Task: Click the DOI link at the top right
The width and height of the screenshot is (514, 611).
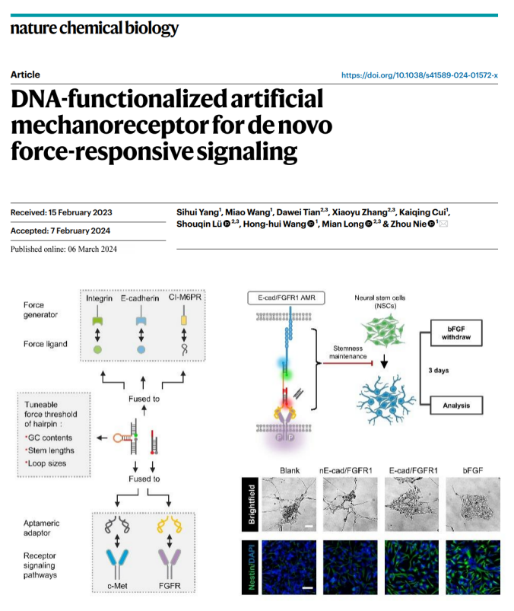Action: (420, 75)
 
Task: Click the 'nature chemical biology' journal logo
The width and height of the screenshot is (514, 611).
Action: (94, 28)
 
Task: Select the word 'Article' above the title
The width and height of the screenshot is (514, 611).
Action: (25, 75)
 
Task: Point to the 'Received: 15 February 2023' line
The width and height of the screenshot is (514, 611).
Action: (61, 212)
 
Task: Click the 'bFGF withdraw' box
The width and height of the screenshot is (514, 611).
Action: (456, 333)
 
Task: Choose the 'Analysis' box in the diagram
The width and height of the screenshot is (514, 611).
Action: (456, 406)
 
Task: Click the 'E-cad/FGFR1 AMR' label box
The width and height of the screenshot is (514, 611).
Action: (286, 298)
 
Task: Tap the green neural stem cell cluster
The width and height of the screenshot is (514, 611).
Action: (383, 330)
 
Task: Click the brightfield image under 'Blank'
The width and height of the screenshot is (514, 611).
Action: (289, 504)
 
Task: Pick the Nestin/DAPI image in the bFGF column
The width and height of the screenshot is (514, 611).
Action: (473, 567)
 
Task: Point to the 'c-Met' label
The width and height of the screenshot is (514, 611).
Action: (117, 586)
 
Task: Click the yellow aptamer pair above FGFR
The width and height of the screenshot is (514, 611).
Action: (170, 524)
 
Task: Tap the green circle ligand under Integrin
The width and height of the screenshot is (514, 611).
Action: (97, 349)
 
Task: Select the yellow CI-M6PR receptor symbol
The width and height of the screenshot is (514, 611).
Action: (184, 320)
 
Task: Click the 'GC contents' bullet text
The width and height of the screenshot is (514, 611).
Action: (49, 438)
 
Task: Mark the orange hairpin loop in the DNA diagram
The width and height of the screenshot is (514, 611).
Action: (119, 438)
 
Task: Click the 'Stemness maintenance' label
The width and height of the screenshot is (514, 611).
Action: (347, 352)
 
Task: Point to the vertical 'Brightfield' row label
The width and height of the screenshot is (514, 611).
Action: (251, 504)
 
